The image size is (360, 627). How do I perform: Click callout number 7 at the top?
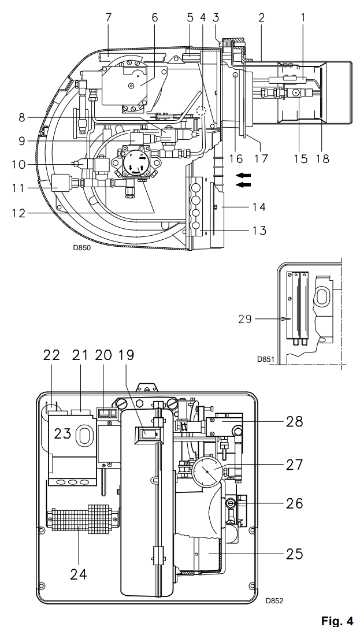click(x=108, y=17)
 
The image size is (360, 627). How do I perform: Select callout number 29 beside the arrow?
click(x=245, y=319)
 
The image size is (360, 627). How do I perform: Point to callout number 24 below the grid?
click(x=79, y=574)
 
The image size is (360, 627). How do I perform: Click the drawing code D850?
click(x=81, y=247)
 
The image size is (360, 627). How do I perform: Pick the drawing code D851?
click(x=266, y=359)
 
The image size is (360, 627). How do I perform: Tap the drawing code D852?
click(x=274, y=600)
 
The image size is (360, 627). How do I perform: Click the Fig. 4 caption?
click(x=337, y=621)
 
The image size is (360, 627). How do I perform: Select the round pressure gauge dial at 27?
click(x=208, y=472)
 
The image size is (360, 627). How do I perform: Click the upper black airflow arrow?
click(x=244, y=175)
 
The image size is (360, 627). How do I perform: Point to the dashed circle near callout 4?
click(x=202, y=111)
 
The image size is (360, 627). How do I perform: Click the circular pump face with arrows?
click(x=135, y=162)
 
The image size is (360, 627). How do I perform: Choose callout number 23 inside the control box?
click(x=63, y=433)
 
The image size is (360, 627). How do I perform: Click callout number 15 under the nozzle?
click(x=300, y=158)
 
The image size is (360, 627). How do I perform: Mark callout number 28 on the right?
click(x=294, y=421)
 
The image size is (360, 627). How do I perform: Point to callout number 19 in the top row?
click(x=127, y=355)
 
